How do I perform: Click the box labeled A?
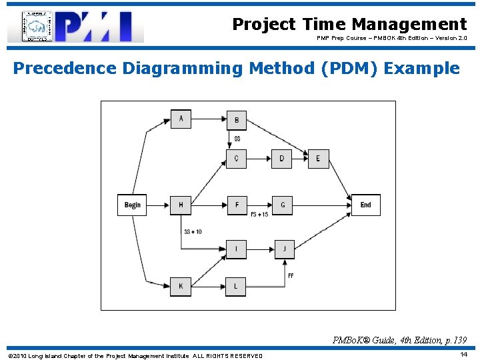click(x=181, y=119)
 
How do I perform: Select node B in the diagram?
click(x=236, y=120)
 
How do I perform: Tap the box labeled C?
click(x=236, y=158)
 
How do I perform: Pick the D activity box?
click(x=281, y=158)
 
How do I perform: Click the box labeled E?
click(x=318, y=158)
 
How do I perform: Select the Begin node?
click(x=132, y=205)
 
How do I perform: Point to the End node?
click(x=365, y=205)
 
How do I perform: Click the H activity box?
click(x=181, y=205)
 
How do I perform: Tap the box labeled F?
click(x=236, y=205)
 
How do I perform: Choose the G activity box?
click(x=282, y=205)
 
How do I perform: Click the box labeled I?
click(x=236, y=249)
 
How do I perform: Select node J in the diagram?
click(x=284, y=249)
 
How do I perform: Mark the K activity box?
click(x=181, y=287)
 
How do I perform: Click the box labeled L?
click(x=236, y=287)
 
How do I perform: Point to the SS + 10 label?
click(x=193, y=231)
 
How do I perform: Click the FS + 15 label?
click(x=259, y=214)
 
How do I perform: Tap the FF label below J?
click(x=291, y=275)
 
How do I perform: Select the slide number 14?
click(x=463, y=354)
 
